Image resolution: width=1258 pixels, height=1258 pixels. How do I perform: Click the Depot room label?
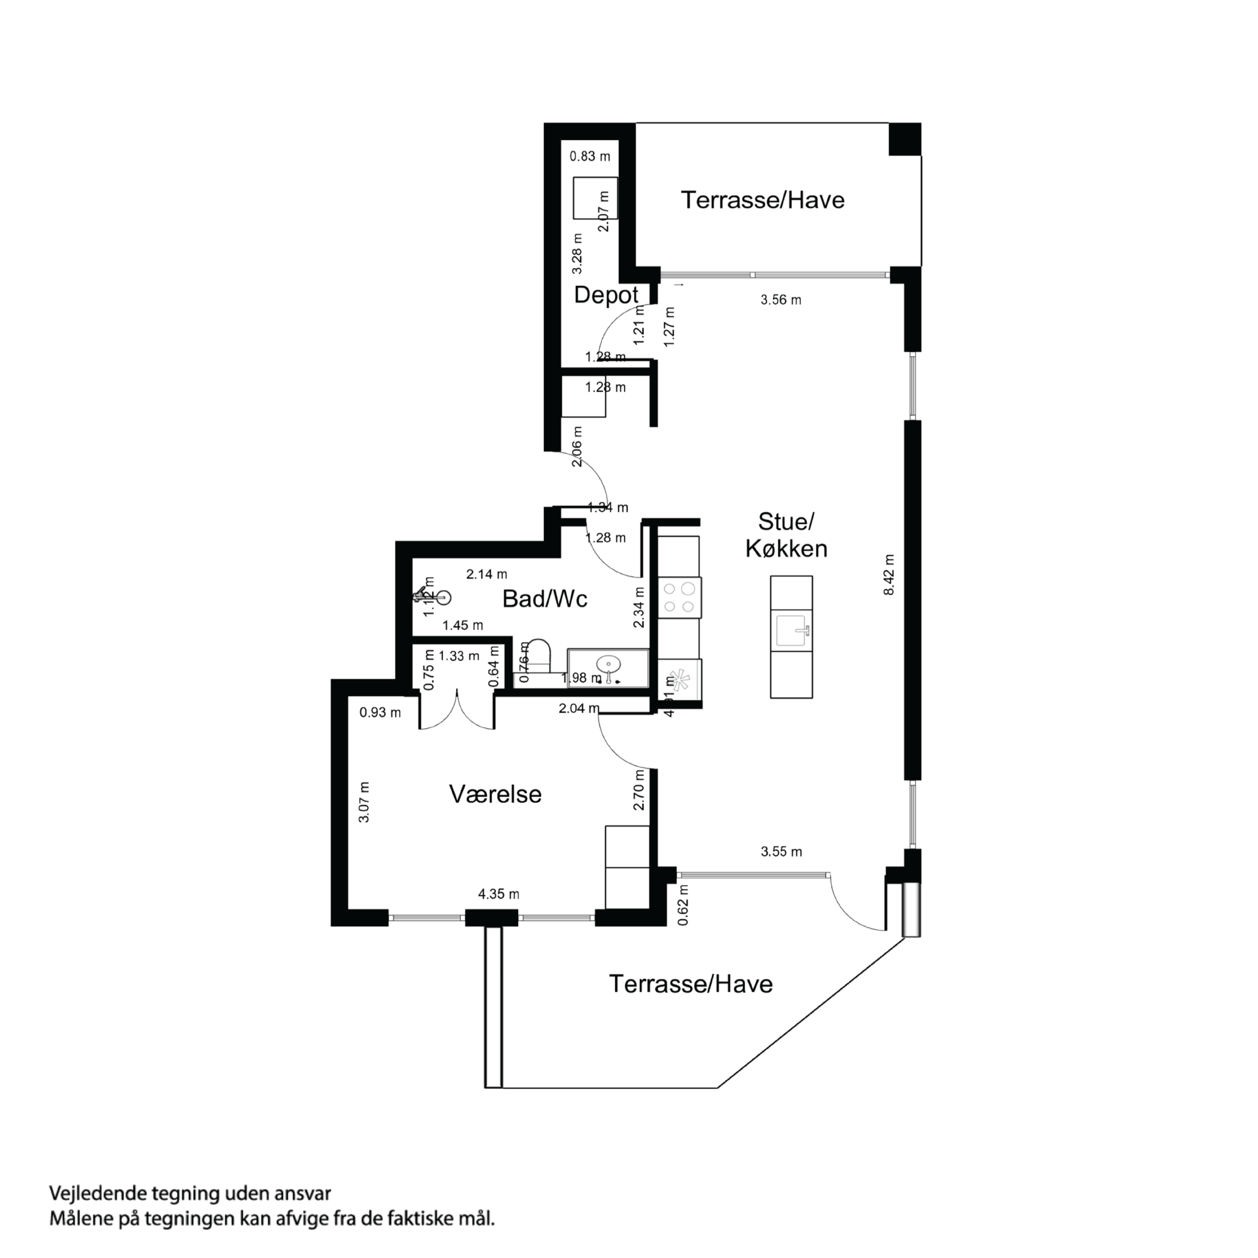tap(606, 295)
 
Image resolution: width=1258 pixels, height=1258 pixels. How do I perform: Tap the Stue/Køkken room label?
tap(786, 535)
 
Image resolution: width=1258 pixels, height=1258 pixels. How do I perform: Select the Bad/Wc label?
tap(544, 598)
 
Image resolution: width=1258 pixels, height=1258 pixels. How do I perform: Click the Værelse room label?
tap(495, 794)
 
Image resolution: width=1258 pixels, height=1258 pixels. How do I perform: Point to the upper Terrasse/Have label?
tap(762, 200)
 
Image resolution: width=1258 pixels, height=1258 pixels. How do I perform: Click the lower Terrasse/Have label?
tap(690, 984)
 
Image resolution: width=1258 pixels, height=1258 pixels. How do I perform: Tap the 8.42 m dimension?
tap(889, 574)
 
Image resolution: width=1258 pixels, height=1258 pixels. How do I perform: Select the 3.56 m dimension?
tap(781, 300)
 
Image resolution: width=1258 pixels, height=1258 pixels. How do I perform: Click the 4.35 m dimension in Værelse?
tap(499, 894)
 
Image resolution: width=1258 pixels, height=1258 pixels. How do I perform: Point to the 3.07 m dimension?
tap(364, 802)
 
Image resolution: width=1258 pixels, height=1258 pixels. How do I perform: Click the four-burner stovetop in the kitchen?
tap(679, 597)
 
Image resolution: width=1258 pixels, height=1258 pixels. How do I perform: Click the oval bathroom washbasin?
tap(608, 664)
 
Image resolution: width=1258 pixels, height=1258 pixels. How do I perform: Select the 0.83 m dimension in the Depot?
tap(590, 156)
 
